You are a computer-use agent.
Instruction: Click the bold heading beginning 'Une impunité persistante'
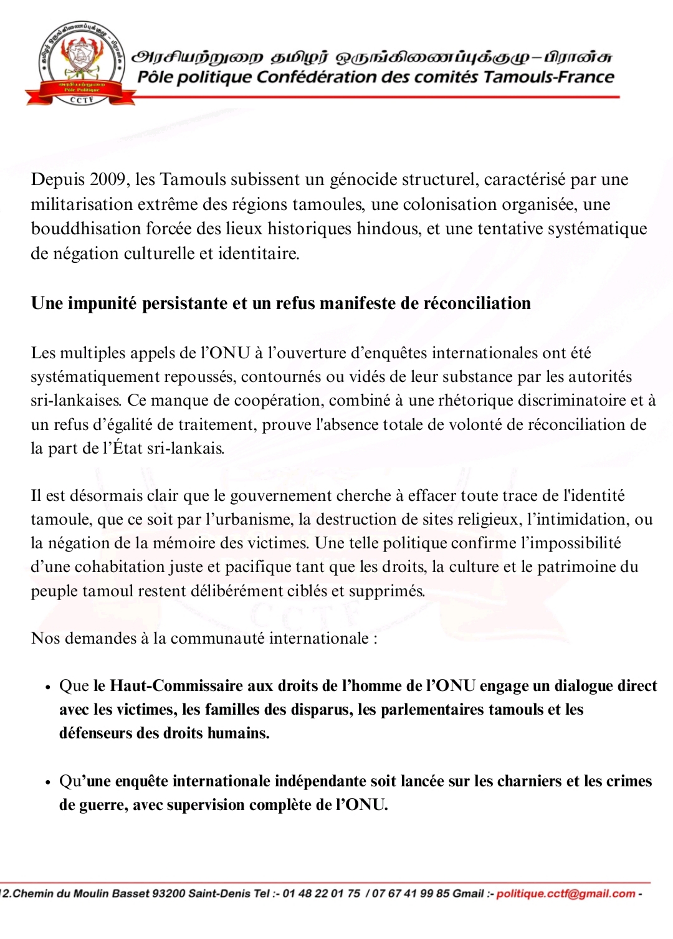[x=281, y=303]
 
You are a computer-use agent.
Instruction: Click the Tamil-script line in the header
[x=371, y=57]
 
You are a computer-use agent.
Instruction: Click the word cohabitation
[x=121, y=567]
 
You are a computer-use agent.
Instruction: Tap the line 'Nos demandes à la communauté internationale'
[x=204, y=639]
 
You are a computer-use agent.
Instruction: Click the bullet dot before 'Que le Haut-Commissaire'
[x=47, y=687]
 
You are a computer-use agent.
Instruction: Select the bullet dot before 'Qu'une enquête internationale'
[x=47, y=783]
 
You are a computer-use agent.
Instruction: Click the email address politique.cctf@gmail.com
[x=566, y=894]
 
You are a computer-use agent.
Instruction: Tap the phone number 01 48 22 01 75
[x=321, y=894]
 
